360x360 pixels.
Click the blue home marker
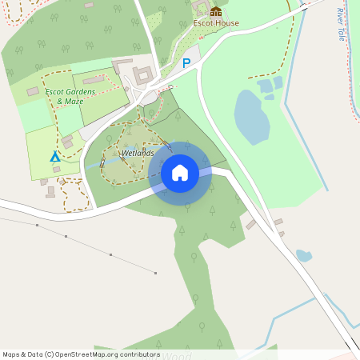[180, 172]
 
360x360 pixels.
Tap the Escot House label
[216, 23]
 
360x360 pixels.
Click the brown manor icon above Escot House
[216, 10]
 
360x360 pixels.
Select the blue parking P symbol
[187, 63]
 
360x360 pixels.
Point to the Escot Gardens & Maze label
[70, 97]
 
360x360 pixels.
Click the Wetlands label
[138, 152]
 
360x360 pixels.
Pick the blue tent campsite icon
[55, 157]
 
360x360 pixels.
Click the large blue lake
[251, 116]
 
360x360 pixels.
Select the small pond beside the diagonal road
[304, 256]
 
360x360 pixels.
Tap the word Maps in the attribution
[12, 354]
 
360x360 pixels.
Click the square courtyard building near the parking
[143, 76]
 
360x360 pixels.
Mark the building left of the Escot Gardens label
[33, 92]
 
